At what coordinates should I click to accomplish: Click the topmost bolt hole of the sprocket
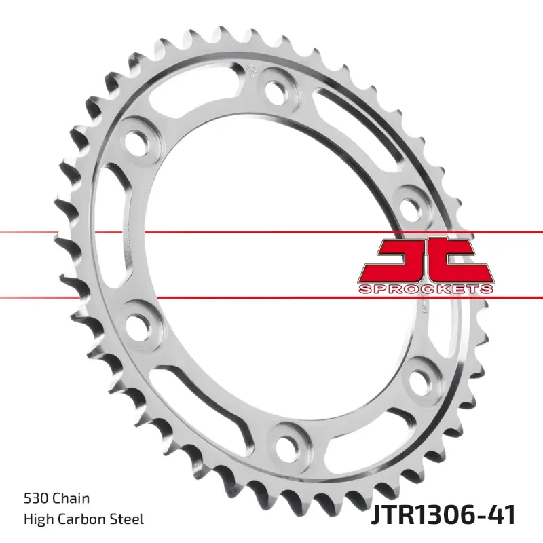[x=277, y=89]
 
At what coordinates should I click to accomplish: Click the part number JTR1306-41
[x=443, y=514]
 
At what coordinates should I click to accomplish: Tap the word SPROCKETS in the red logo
[x=425, y=289]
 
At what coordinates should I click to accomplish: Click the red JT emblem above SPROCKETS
[x=425, y=258]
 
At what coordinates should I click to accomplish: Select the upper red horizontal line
[x=68, y=233]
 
